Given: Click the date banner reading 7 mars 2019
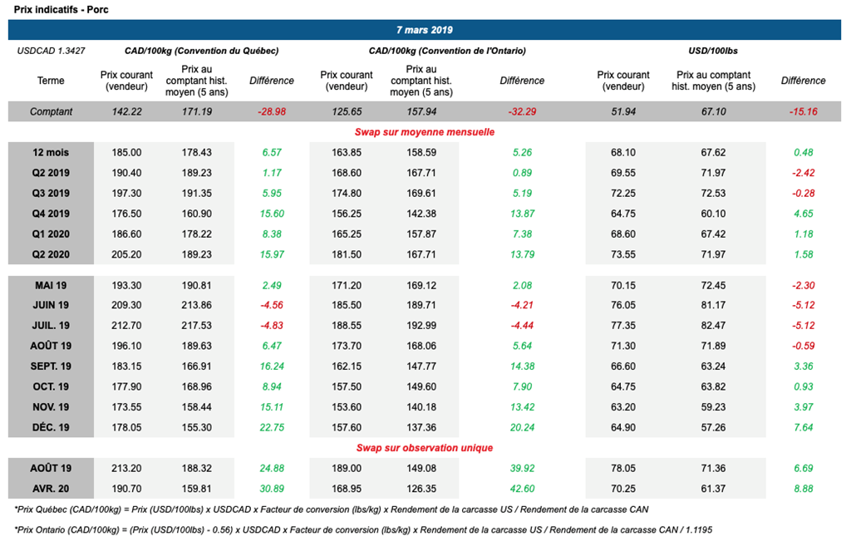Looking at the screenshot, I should point(424,30).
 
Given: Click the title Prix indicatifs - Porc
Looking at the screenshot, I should point(49,8).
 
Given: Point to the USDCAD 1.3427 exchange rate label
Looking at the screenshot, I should point(52,51).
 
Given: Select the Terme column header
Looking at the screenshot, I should point(51,81).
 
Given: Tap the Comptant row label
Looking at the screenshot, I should point(51,111).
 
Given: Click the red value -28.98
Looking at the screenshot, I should point(272,111).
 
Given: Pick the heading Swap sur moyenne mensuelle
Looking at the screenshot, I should point(425,131).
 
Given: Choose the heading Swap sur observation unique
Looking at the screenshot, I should point(425,447).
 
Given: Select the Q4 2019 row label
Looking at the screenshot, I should point(51,214).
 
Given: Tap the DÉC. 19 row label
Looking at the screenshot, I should point(51,427).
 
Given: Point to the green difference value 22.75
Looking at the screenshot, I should point(272,427).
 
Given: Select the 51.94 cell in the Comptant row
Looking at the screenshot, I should point(623,111).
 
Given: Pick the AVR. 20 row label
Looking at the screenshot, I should point(51,488).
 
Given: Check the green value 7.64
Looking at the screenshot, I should point(803,427).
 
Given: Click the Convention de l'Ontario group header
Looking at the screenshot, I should point(447,51).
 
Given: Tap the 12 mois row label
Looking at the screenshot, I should point(51,152).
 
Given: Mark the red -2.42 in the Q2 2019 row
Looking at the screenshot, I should point(803,173).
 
